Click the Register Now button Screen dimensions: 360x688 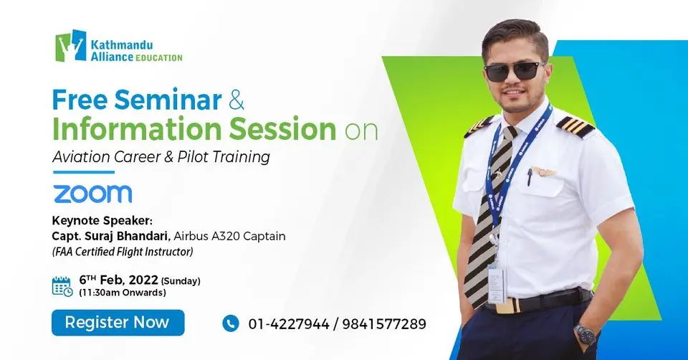click(118, 323)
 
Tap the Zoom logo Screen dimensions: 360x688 click(92, 194)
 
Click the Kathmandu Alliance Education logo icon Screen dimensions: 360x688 click(71, 45)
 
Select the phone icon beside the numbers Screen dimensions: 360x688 click(230, 323)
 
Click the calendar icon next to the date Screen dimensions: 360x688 click(62, 285)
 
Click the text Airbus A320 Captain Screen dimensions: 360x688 click(215, 236)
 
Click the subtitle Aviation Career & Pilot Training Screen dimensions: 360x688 click(161, 157)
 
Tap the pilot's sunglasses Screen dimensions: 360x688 click(514, 71)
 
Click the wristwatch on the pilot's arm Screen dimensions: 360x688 click(586, 334)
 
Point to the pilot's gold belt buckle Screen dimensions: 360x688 click(507, 305)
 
